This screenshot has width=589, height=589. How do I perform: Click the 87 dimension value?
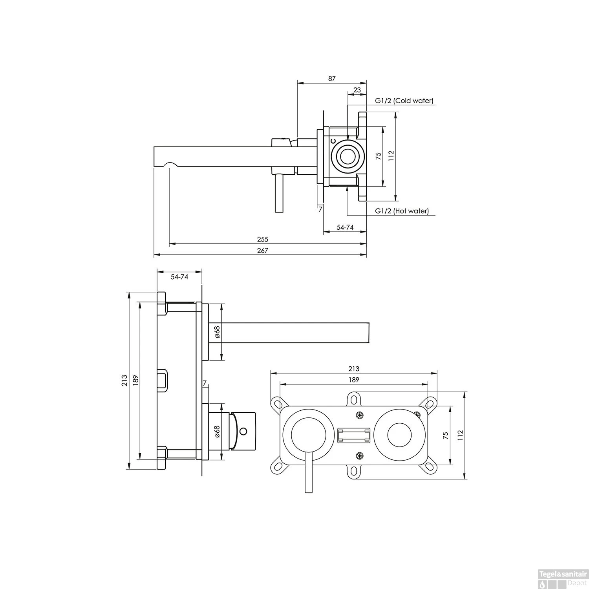click(332, 79)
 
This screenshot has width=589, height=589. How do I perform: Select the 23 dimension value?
click(357, 90)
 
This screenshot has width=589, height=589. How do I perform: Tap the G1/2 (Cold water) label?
click(404, 101)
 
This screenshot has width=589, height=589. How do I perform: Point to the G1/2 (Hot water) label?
click(402, 211)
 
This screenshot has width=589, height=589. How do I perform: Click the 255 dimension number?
click(263, 239)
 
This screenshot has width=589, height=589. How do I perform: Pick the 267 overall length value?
click(263, 251)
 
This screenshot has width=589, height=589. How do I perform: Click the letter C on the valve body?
click(333, 141)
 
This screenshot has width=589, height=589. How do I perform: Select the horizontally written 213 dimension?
click(354, 369)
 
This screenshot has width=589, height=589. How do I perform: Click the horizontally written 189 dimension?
click(354, 380)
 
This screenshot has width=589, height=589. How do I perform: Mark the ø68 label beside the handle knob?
click(217, 432)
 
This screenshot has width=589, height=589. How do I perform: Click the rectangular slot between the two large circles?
click(354, 435)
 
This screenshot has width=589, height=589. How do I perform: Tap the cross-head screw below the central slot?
click(360, 455)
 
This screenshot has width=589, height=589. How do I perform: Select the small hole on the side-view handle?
click(244, 432)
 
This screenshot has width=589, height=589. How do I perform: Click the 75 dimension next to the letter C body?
click(379, 156)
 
